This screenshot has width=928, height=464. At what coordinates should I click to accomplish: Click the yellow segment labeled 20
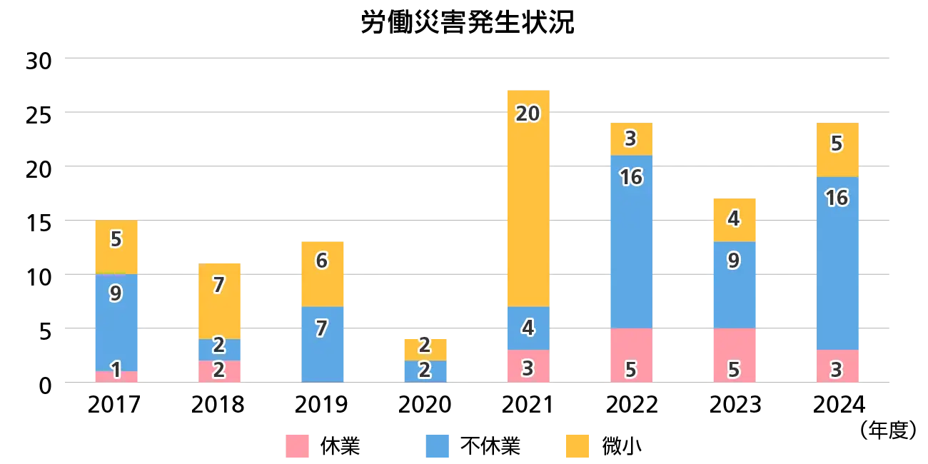tap(528, 198)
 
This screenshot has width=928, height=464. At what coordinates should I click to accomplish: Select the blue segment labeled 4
tap(528, 328)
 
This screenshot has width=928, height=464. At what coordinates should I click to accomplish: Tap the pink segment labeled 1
tap(116, 376)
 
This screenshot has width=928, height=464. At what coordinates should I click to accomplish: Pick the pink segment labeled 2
tap(219, 371)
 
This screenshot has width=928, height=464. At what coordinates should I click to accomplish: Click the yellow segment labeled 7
tap(219, 301)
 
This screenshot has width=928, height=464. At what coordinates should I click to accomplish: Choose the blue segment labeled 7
tap(322, 344)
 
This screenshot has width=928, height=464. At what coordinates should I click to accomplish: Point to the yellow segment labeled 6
tap(322, 274)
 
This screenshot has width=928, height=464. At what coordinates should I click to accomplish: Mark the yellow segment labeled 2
tap(425, 349)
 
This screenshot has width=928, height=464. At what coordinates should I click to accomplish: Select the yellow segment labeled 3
tap(630, 138)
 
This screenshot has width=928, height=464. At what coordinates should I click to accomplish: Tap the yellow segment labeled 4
tap(734, 219)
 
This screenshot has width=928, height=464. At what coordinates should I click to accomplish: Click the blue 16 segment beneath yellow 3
tap(630, 241)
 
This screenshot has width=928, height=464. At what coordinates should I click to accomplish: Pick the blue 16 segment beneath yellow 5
tap(837, 263)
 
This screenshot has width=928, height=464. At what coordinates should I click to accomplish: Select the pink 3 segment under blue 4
tap(528, 365)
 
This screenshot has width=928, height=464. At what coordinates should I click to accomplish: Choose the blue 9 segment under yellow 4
tap(734, 285)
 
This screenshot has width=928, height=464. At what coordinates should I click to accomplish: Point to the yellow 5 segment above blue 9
tap(116, 247)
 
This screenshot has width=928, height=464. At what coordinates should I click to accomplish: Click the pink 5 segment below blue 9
tap(734, 355)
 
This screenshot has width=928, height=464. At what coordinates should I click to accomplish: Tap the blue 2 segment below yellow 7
tap(219, 350)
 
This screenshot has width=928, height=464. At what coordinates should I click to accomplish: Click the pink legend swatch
tap(298, 447)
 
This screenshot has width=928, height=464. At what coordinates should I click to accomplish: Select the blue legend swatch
tap(437, 447)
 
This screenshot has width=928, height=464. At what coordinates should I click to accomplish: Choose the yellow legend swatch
tap(578, 447)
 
